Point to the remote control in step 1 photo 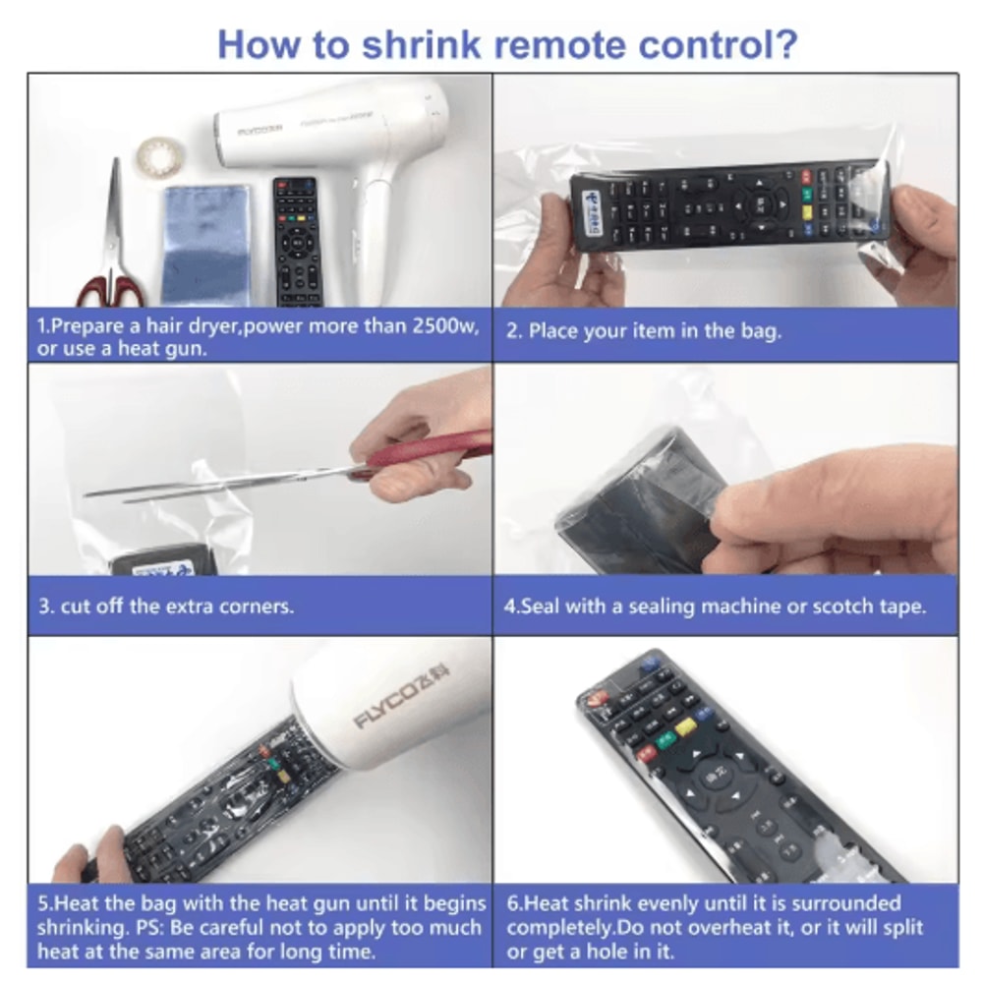click(297, 241)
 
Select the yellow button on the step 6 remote click(684, 726)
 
